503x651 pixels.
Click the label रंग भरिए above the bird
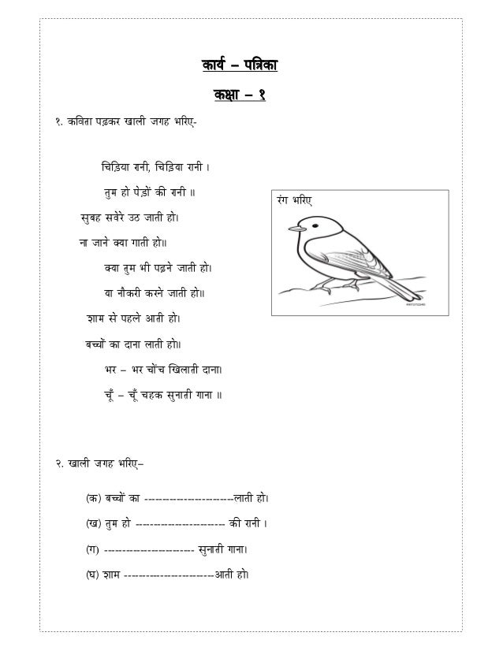click(x=293, y=202)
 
